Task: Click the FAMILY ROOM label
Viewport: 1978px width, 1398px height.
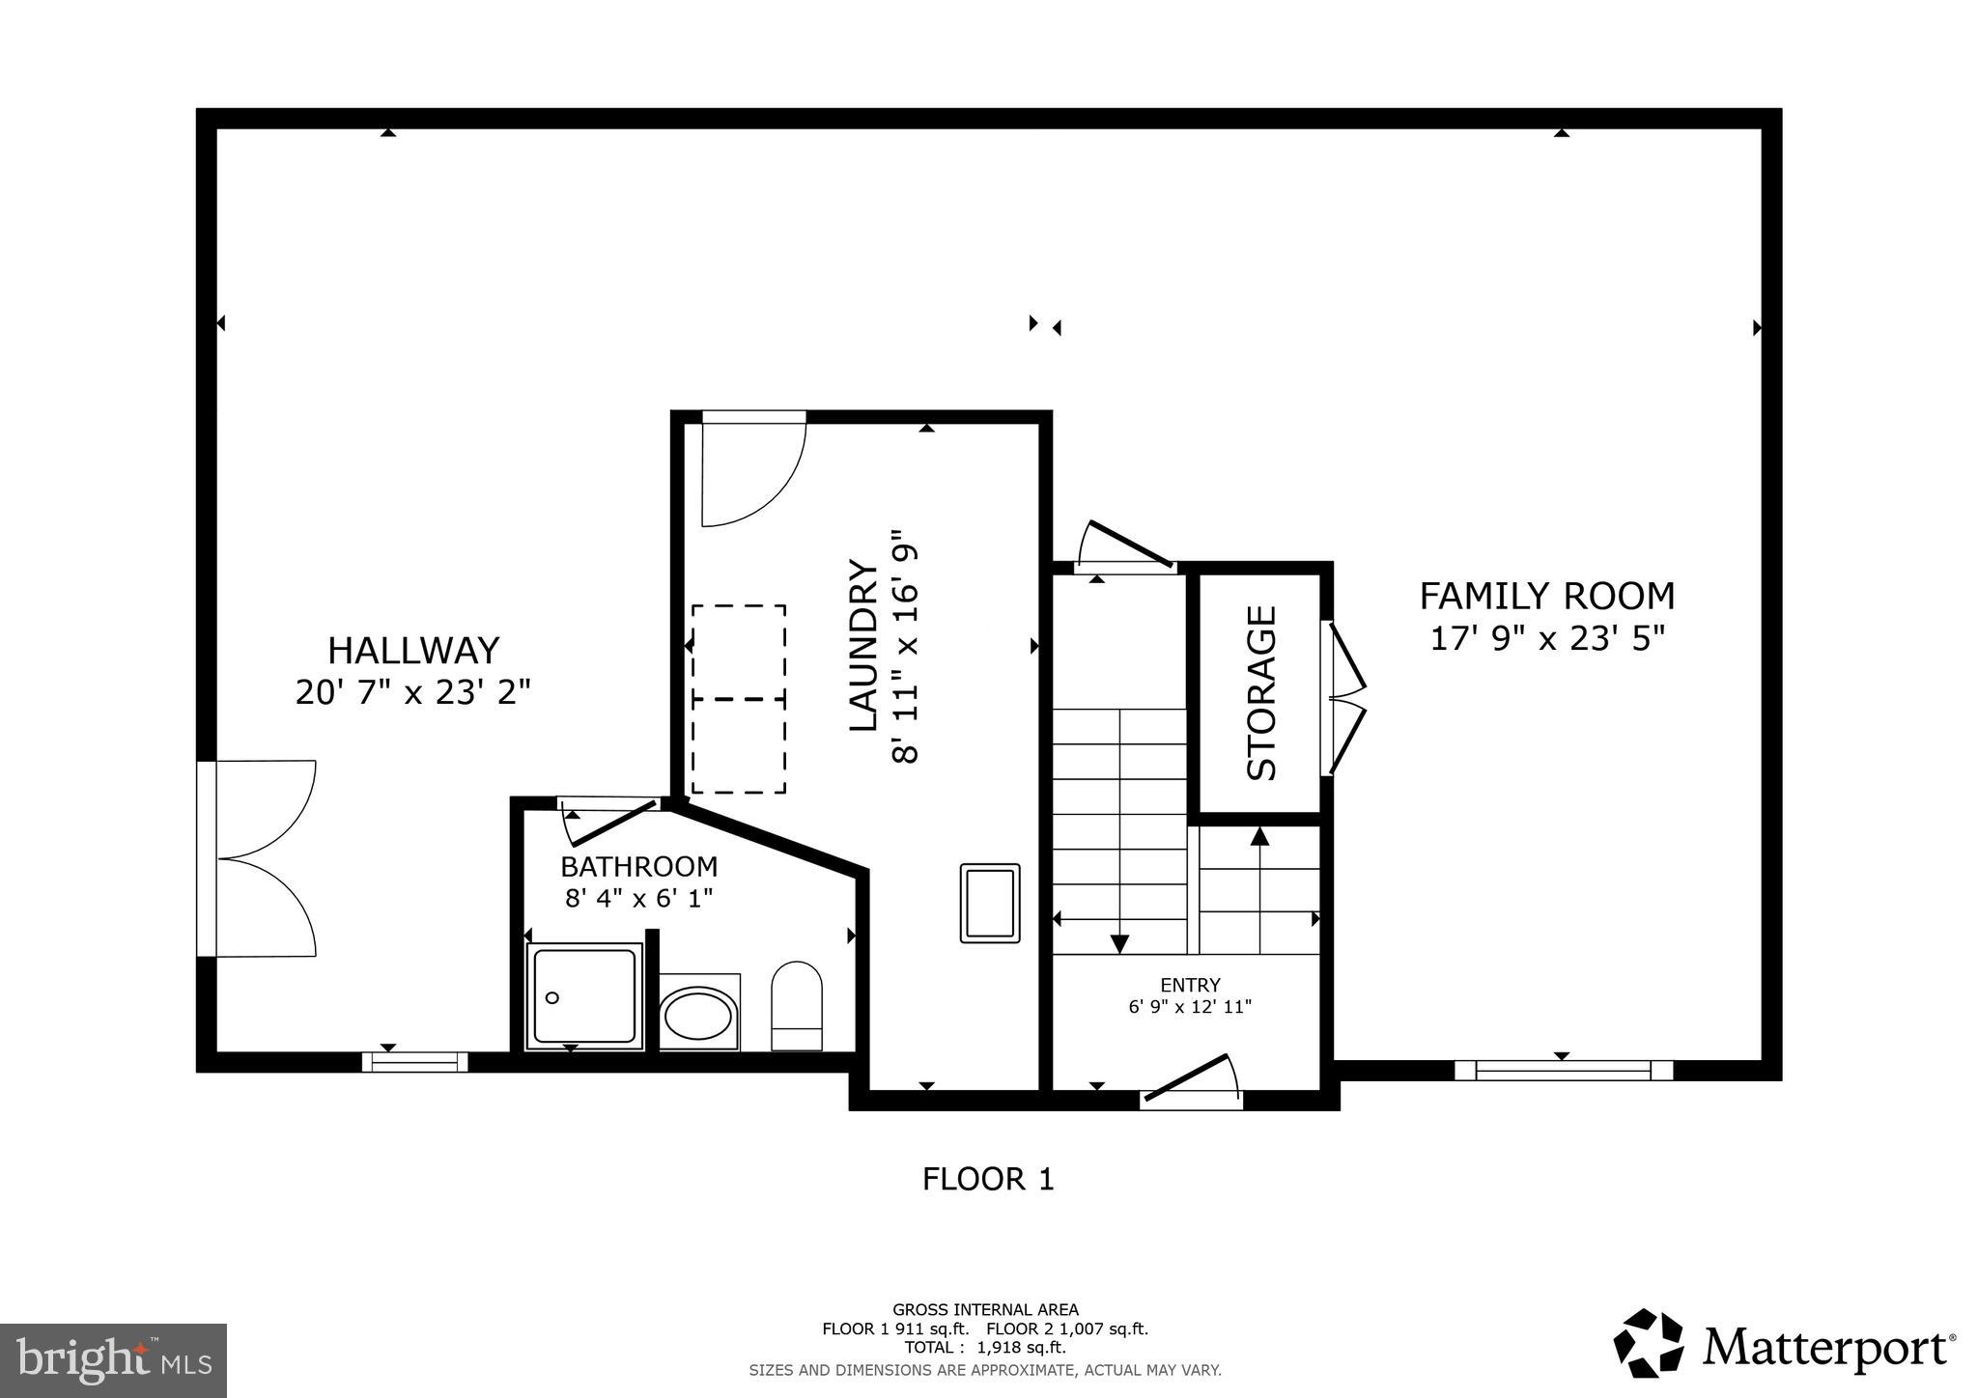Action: pyautogui.click(x=1546, y=596)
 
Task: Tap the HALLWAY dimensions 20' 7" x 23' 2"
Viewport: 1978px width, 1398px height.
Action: pyautogui.click(x=413, y=692)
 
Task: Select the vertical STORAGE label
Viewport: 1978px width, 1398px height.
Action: pyautogui.click(x=1261, y=692)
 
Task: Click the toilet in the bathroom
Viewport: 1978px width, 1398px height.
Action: pyautogui.click(x=797, y=1006)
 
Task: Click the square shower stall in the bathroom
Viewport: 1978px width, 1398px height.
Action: pyautogui.click(x=583, y=995)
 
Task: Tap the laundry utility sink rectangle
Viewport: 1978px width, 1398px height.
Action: pyautogui.click(x=990, y=903)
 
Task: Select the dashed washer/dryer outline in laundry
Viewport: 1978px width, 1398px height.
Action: pyautogui.click(x=738, y=699)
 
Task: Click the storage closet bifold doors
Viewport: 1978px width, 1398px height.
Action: pyautogui.click(x=1344, y=698)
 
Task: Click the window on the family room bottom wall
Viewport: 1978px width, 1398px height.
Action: pyautogui.click(x=1563, y=1070)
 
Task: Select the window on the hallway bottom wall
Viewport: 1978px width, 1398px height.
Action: pyautogui.click(x=415, y=1062)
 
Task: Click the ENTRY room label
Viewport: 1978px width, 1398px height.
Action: pyautogui.click(x=1190, y=985)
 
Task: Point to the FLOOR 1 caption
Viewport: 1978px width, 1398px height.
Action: pyautogui.click(x=988, y=1179)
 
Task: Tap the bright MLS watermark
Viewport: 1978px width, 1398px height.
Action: pyautogui.click(x=113, y=1360)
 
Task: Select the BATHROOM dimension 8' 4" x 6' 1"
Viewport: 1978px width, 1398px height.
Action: pyautogui.click(x=638, y=898)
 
